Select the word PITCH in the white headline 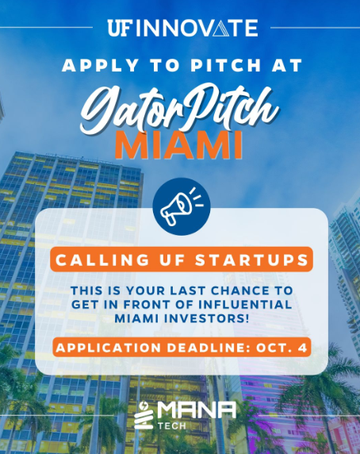pyautogui.click(x=225, y=65)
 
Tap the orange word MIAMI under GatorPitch pyautogui.click(x=178, y=145)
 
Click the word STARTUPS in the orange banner pyautogui.click(x=251, y=260)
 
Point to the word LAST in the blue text pyautogui.click(x=188, y=290)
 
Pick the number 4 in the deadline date pyautogui.click(x=303, y=348)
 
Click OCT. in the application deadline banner pyautogui.click(x=274, y=348)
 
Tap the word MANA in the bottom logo pyautogui.click(x=197, y=410)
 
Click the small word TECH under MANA pyautogui.click(x=172, y=426)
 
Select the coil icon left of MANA pyautogui.click(x=144, y=415)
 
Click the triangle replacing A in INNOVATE pyautogui.click(x=222, y=28)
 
